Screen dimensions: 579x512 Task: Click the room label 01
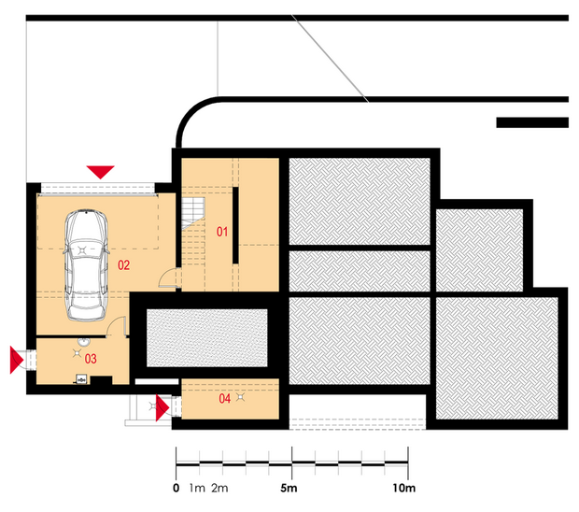point(222,232)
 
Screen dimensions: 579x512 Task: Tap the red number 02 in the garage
point(123,264)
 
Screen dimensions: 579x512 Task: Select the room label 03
point(91,359)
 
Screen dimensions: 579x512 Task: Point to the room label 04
point(224,398)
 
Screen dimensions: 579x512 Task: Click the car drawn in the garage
point(86,264)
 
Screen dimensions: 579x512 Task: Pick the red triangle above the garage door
point(101,172)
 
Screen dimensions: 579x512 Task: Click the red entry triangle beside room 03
point(17,360)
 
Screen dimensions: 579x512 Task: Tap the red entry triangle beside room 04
point(162,408)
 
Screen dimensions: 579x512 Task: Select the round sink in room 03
point(83,342)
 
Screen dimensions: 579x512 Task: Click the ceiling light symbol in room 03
point(77,353)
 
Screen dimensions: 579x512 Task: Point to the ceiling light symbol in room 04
point(241,397)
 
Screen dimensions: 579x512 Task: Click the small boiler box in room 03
point(81,379)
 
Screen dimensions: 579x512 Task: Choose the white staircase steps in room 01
point(192,213)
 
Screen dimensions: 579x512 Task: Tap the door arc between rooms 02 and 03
point(117,326)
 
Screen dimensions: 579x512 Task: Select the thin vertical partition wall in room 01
point(235,225)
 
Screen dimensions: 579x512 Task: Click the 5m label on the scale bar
point(289,488)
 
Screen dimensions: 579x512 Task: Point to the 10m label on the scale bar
point(404,488)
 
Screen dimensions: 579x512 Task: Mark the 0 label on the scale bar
point(177,488)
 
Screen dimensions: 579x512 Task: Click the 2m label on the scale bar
point(219,488)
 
